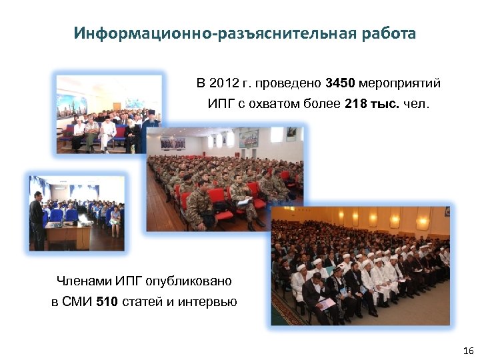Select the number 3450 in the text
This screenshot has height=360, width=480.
click(x=341, y=84)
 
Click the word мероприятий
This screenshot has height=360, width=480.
click(x=400, y=84)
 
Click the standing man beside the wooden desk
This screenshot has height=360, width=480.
click(x=37, y=220)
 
